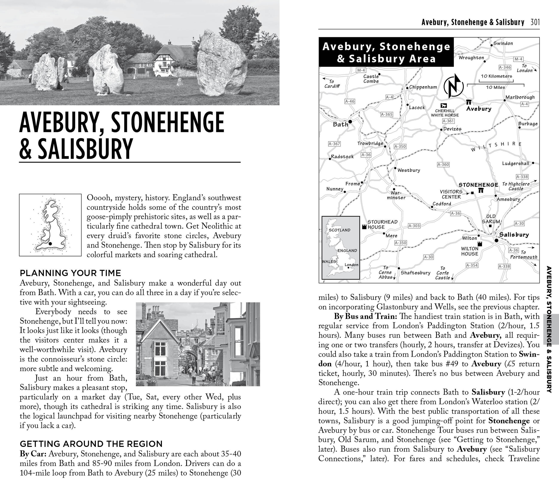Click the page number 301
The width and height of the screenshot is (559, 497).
(535, 22)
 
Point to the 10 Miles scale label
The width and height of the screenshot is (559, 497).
(495, 87)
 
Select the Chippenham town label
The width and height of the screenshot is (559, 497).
(423, 87)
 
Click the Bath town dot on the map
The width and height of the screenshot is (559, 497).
(350, 121)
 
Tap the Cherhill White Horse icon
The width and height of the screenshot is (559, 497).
(444, 105)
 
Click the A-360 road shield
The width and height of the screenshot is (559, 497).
(443, 164)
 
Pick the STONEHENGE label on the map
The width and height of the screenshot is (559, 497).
(478, 185)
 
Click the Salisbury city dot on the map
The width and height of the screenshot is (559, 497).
(496, 240)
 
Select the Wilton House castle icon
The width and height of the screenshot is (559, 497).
(479, 244)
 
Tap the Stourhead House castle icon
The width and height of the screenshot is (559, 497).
(364, 226)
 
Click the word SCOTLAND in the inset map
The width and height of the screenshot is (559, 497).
(339, 230)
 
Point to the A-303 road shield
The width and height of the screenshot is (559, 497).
(414, 226)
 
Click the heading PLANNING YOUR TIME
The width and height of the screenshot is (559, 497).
(70, 273)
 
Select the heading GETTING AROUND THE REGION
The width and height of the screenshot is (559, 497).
(91, 444)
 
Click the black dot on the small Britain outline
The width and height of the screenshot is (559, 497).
(50, 243)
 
